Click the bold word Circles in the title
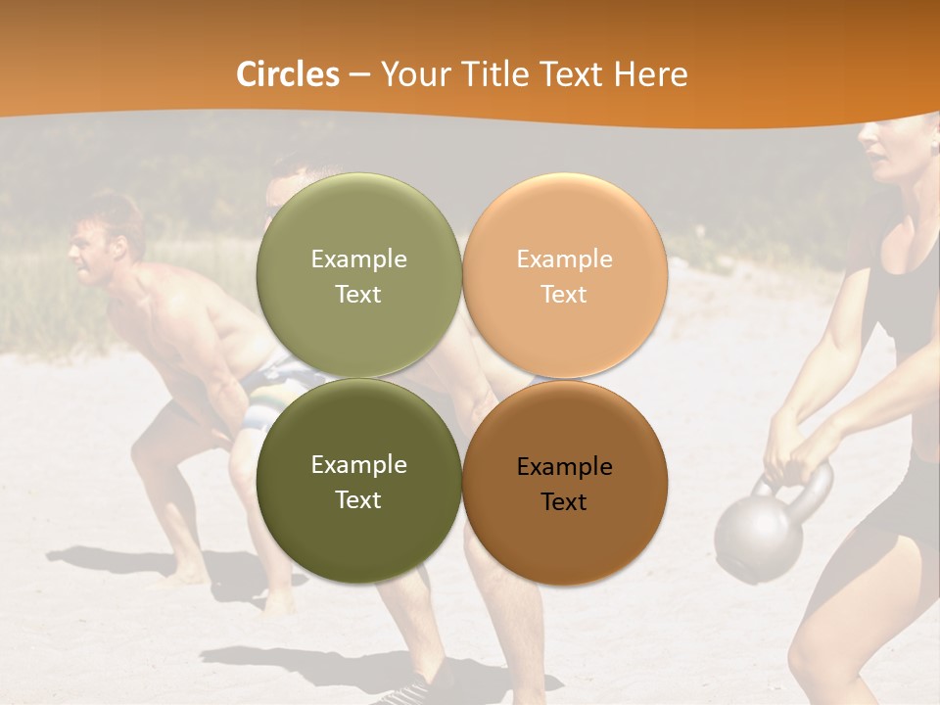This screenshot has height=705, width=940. (288, 74)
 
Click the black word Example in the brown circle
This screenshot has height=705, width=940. (564, 467)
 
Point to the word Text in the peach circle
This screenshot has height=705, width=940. (564, 294)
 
